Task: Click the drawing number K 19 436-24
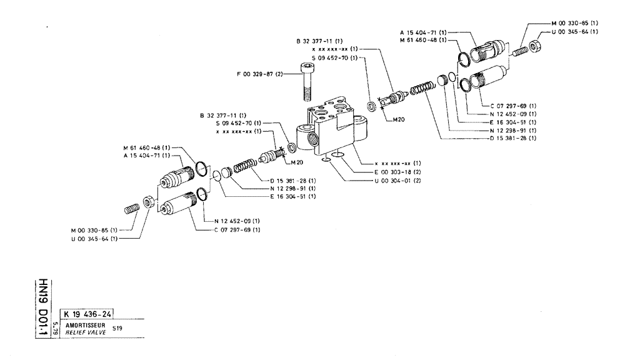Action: coord(87,314)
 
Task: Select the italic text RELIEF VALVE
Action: coord(79,333)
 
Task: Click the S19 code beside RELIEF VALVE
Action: coord(117,329)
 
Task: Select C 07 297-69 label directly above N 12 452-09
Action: coord(512,106)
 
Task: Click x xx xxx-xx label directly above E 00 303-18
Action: coord(392,163)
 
